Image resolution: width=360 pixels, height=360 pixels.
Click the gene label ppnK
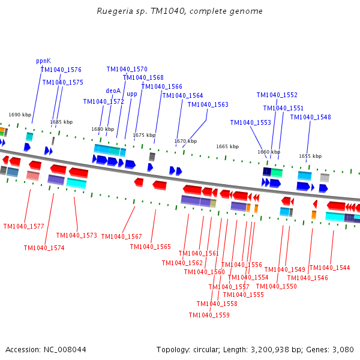click(43, 61)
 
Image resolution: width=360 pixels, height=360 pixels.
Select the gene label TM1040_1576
click(61, 70)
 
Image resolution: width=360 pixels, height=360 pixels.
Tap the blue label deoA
click(113, 91)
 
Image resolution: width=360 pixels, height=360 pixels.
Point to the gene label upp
click(132, 94)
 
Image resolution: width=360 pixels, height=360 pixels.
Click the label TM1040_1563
click(208, 104)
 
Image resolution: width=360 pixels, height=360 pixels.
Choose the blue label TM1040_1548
click(310, 117)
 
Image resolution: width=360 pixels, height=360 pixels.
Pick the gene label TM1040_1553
click(250, 122)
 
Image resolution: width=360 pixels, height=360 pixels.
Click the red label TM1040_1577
click(23, 226)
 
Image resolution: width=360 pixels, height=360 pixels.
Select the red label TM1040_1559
click(209, 315)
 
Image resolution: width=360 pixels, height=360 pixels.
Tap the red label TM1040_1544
click(329, 268)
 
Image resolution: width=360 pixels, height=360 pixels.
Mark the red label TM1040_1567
click(121, 236)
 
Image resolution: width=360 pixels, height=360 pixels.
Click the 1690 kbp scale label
click(19, 115)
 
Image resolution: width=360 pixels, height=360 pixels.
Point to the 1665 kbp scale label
click(227, 146)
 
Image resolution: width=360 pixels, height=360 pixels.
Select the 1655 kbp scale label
click(310, 156)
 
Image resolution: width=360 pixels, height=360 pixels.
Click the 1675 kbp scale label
click(144, 135)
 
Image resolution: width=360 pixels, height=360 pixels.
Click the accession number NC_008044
click(65, 349)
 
